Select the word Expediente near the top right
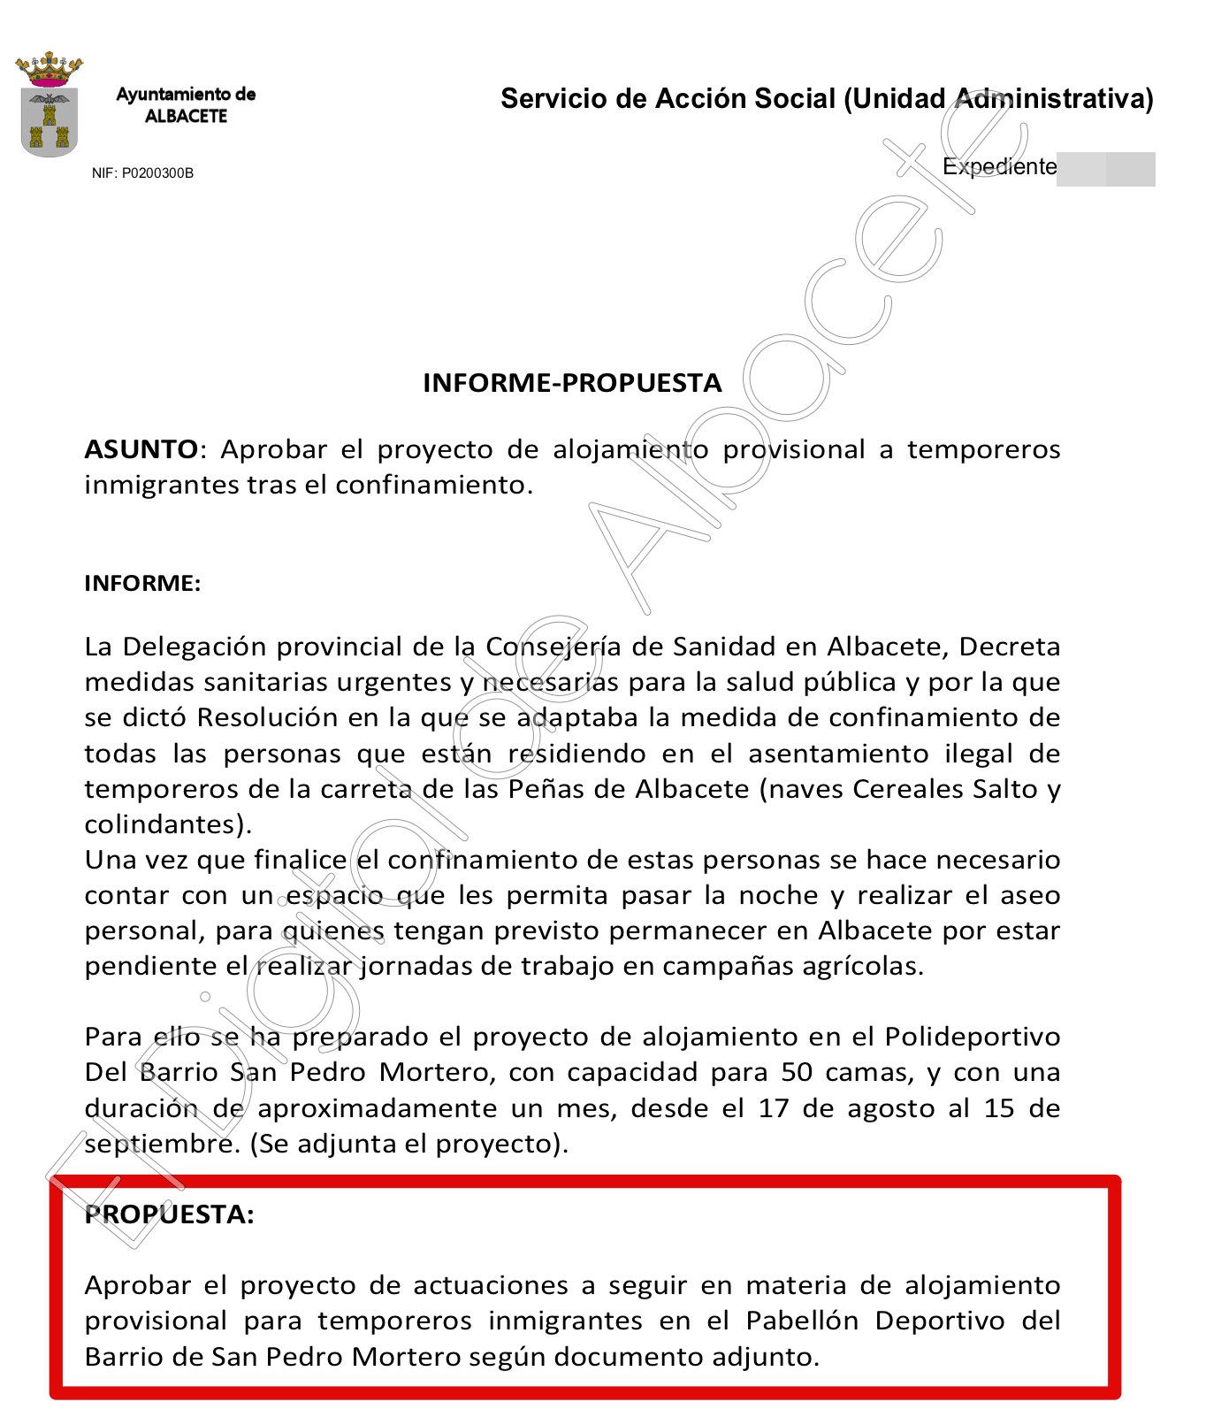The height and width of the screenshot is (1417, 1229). pos(999,167)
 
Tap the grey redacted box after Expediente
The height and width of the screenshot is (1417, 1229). pos(1106,169)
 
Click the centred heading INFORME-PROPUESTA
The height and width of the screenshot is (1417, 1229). pos(572,383)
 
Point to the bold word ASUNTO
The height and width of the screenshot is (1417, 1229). pos(141,449)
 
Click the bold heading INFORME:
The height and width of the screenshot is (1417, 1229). pos(142,583)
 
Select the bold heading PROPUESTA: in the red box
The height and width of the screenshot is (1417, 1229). pos(169,1214)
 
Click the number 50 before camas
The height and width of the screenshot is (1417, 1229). pos(797,1072)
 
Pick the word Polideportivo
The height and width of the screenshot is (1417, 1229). pos(972,1037)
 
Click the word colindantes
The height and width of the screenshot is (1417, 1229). pos(164,824)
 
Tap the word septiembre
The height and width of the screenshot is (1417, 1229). pos(161,1145)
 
